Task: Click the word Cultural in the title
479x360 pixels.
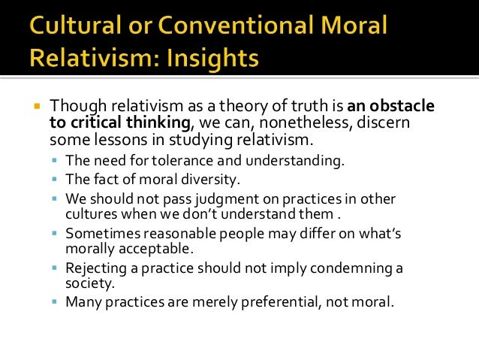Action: (x=68, y=28)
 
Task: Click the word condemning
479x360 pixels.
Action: (x=356, y=268)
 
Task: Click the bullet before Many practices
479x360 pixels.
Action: (x=55, y=303)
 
